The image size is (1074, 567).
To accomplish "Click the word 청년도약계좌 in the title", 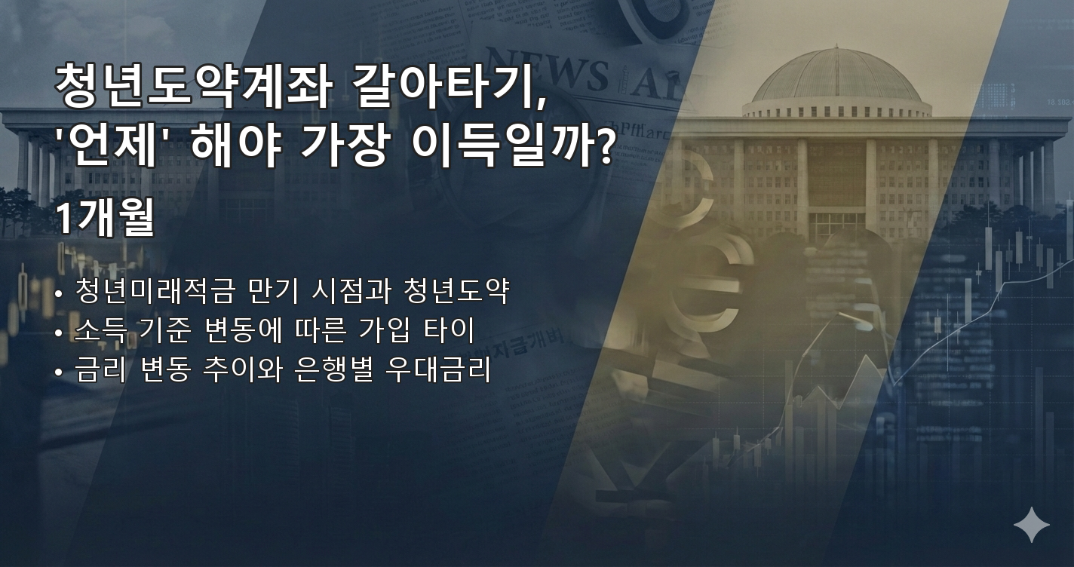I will click(192, 87).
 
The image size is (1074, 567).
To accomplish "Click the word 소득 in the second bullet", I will click(97, 330).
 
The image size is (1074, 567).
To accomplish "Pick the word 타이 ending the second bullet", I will click(453, 330).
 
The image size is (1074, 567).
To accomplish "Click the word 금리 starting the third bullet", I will click(97, 370).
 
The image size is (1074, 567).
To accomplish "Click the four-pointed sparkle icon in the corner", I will click(1031, 525).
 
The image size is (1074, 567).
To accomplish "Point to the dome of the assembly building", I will click(836, 76).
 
